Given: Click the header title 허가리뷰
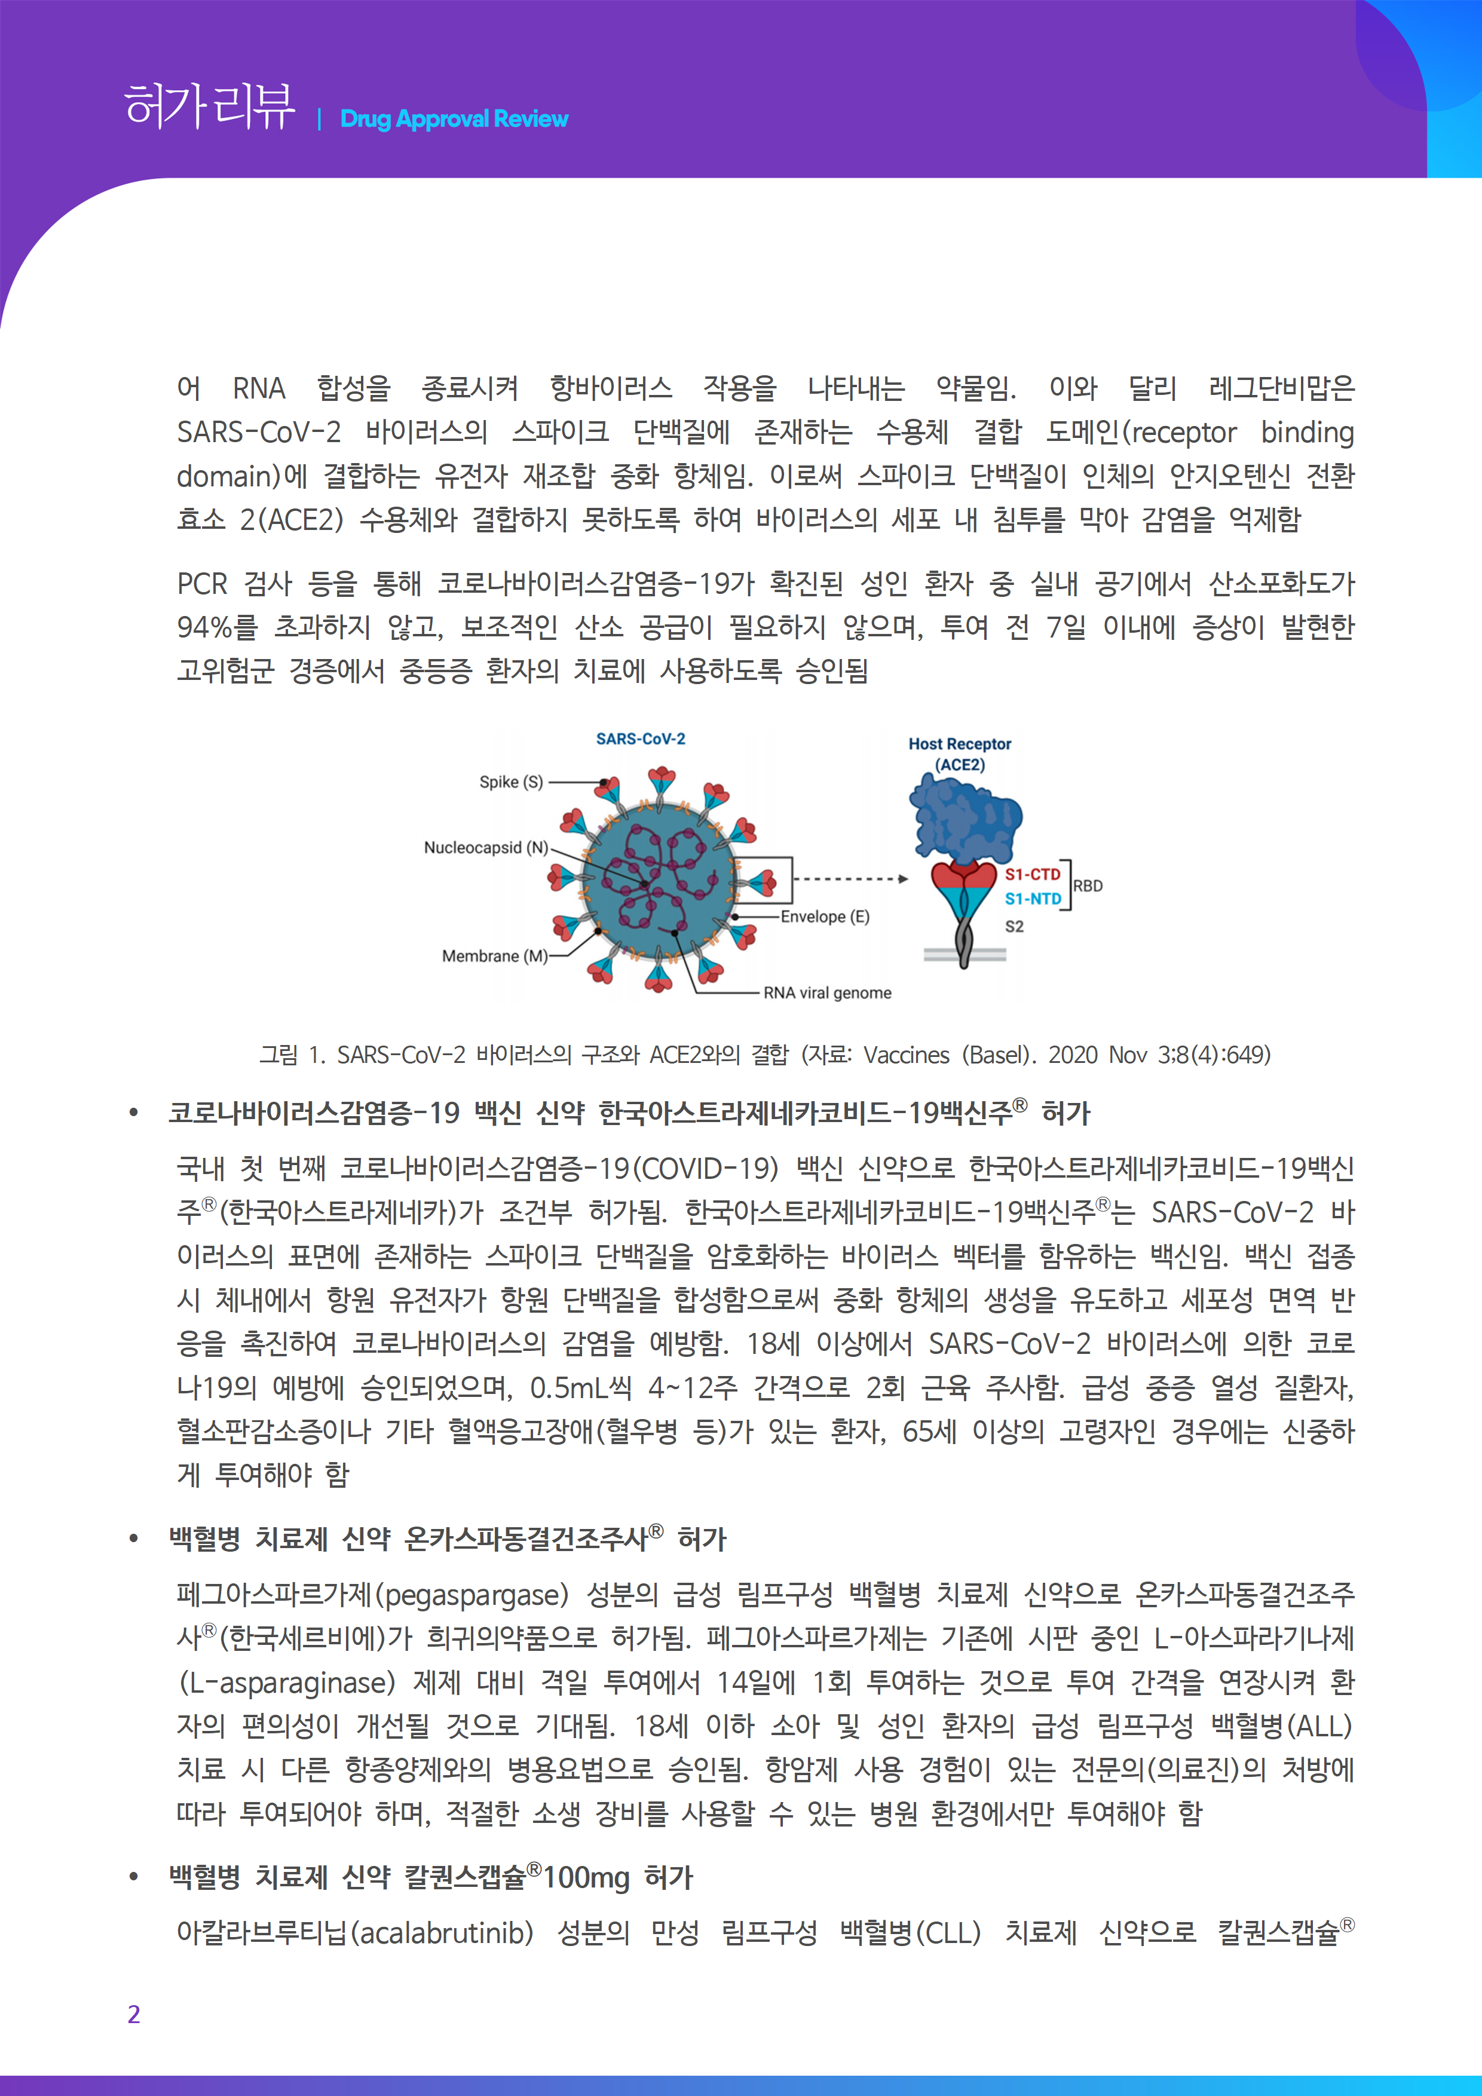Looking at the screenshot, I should [x=209, y=107].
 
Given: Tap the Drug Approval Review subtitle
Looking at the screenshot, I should [x=454, y=119].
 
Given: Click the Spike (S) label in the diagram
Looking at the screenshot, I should [x=510, y=782].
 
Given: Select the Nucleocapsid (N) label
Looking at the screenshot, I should [x=485, y=848].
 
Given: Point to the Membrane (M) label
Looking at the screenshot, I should [x=494, y=956].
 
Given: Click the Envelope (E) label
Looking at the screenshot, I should [x=825, y=917].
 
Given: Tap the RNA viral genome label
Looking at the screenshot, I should [x=827, y=993].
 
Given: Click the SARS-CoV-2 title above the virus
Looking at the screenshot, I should [x=640, y=738].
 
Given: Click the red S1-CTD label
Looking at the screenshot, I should [x=1032, y=875].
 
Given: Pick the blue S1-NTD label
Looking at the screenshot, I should [x=1033, y=899].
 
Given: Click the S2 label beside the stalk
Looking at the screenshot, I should [x=1015, y=927].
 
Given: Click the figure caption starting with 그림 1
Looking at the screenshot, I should [x=764, y=1055].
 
